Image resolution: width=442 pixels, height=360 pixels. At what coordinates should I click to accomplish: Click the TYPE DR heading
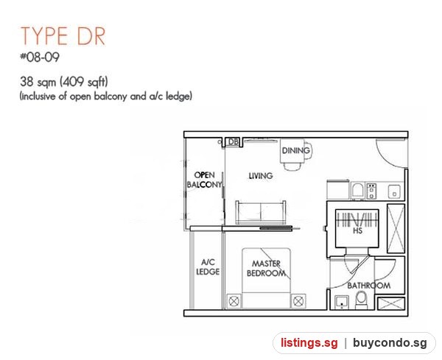[x=63, y=36]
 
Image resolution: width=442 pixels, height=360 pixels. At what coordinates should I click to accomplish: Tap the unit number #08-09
[x=40, y=57]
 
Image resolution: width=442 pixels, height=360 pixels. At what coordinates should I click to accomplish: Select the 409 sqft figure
[x=84, y=82]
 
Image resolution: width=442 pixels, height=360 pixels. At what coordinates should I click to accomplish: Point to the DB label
[x=233, y=141]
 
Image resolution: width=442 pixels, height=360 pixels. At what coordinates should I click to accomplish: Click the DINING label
[x=295, y=150]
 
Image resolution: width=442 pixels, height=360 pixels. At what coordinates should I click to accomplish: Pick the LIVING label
[x=261, y=176]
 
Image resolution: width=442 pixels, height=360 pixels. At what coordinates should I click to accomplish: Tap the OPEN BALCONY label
[x=204, y=180]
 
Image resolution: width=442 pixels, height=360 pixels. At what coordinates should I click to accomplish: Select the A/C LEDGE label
[x=208, y=267]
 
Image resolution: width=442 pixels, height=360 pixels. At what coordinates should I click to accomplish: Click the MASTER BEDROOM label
[x=266, y=268]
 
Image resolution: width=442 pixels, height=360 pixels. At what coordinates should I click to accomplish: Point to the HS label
[x=357, y=230]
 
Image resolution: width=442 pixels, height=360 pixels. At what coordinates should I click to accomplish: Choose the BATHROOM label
[x=369, y=286]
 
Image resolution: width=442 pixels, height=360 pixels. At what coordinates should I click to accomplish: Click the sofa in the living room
[x=261, y=213]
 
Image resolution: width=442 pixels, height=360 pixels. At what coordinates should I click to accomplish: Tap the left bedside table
[x=234, y=301]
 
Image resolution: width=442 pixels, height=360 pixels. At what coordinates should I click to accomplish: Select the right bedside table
[x=298, y=301]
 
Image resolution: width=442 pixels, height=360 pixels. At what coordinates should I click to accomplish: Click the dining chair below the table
[x=292, y=166]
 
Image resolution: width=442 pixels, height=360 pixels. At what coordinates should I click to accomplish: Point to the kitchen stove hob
[x=371, y=191]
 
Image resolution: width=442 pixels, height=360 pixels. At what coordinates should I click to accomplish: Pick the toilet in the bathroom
[x=362, y=300]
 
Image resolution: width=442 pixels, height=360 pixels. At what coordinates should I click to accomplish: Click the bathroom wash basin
[x=342, y=303]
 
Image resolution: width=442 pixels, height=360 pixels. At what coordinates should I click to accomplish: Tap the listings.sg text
[x=309, y=343]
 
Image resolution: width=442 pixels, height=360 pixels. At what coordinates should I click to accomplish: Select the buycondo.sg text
[x=390, y=343]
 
